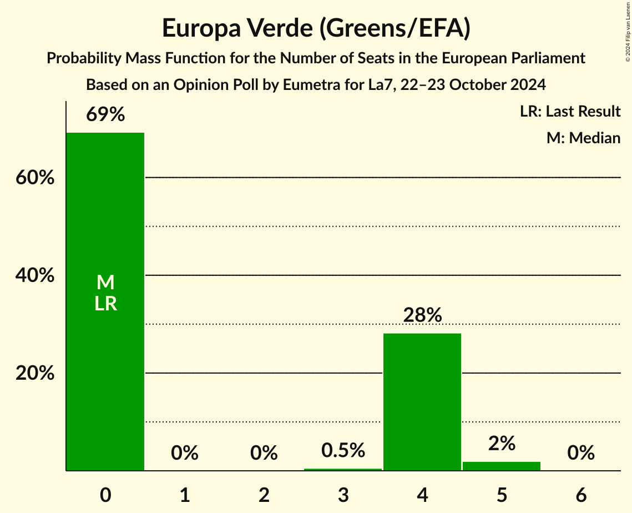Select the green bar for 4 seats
pyautogui.click(x=422, y=402)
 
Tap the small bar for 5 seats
pyautogui.click(x=501, y=466)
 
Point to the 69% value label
pyautogui.click(x=105, y=115)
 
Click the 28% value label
pyautogui.click(x=422, y=315)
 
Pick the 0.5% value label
pyautogui.click(x=343, y=450)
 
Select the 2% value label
pyautogui.click(x=502, y=444)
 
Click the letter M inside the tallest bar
pyautogui.click(x=105, y=283)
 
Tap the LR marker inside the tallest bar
pyautogui.click(x=105, y=304)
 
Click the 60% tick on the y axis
pyautogui.click(x=35, y=178)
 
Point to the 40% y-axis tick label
pyautogui.click(x=35, y=276)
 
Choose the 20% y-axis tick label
pyautogui.click(x=35, y=374)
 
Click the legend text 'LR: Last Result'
pyautogui.click(x=570, y=112)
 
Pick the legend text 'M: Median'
pyautogui.click(x=583, y=138)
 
